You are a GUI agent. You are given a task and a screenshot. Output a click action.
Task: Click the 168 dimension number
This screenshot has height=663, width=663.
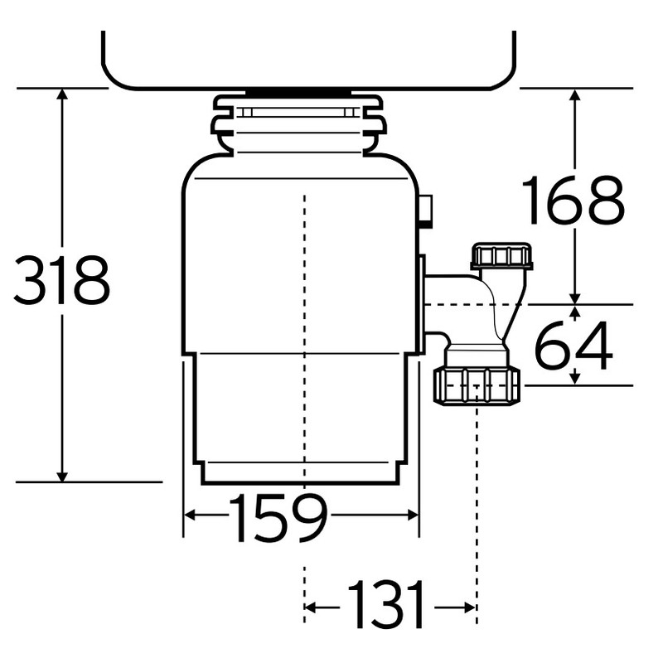(x=573, y=201)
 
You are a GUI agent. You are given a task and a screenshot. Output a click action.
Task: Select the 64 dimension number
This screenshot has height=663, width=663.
(x=573, y=346)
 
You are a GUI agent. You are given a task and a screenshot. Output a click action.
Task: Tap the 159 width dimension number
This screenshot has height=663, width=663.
(x=278, y=518)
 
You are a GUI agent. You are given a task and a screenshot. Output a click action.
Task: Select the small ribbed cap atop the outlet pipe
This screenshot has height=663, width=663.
(x=501, y=256)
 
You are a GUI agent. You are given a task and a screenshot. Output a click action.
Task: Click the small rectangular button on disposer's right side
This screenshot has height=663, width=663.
(x=426, y=211)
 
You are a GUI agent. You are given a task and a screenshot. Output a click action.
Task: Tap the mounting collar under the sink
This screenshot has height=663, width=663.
(x=298, y=124)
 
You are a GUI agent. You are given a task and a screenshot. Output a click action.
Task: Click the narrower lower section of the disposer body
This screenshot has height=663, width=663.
(x=299, y=414)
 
